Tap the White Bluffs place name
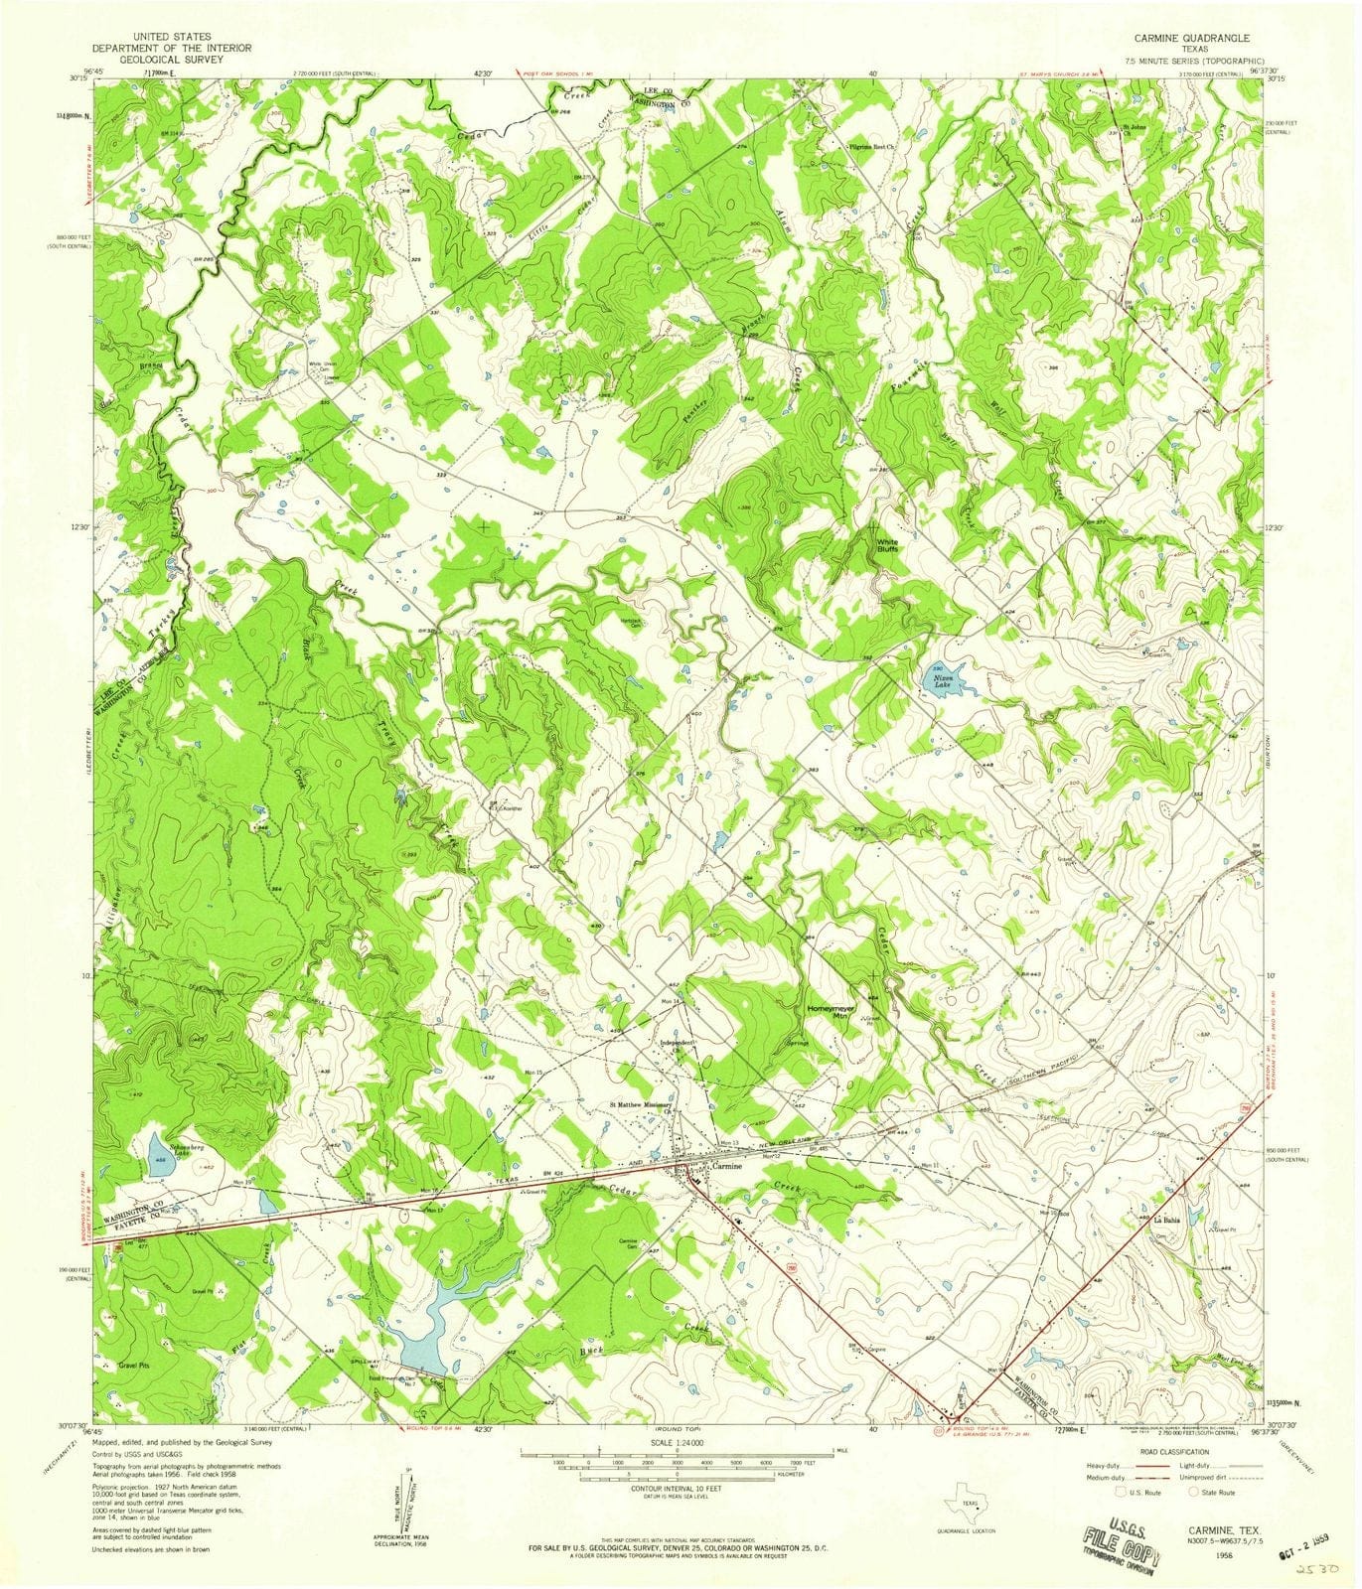(x=887, y=545)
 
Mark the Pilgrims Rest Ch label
(x=870, y=146)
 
